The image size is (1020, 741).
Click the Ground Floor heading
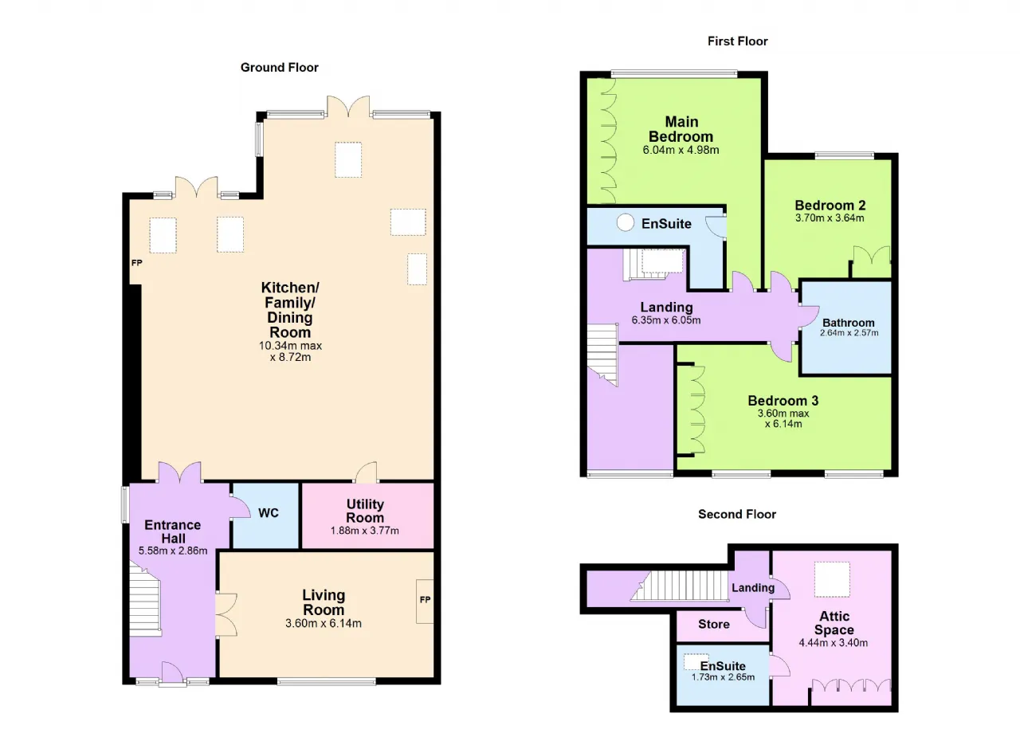pyautogui.click(x=279, y=68)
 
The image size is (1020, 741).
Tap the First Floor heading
pyautogui.click(x=737, y=41)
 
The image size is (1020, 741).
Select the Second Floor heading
pyautogui.click(x=737, y=514)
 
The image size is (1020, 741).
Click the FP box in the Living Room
pyautogui.click(x=425, y=601)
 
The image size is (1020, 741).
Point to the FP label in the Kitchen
pyautogui.click(x=136, y=263)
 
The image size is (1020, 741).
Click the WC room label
pyautogui.click(x=269, y=513)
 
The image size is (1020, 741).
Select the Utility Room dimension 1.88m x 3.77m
pyautogui.click(x=364, y=531)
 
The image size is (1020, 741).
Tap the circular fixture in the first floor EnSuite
pyautogui.click(x=626, y=222)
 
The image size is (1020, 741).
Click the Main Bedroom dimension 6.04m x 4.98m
pyautogui.click(x=681, y=150)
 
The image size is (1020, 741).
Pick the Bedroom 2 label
pyautogui.click(x=830, y=206)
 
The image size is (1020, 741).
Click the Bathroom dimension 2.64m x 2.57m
pyautogui.click(x=849, y=333)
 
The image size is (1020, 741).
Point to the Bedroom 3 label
pyautogui.click(x=783, y=401)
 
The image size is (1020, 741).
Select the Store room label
pyautogui.click(x=713, y=624)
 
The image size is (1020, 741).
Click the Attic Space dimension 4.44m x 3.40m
pyautogui.click(x=833, y=643)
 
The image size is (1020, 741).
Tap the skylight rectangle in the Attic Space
pyautogui.click(x=832, y=579)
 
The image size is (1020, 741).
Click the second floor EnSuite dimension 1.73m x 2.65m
pyautogui.click(x=723, y=676)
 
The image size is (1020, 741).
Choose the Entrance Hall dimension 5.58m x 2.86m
pyautogui.click(x=173, y=551)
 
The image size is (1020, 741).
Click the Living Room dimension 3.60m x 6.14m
pyautogui.click(x=324, y=623)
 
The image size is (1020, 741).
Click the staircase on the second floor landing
pyautogui.click(x=681, y=586)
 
